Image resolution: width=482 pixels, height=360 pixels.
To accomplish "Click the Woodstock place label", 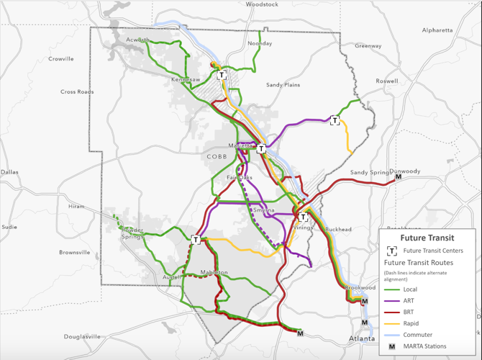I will [262, 4].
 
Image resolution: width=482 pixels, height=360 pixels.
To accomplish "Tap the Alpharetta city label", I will [437, 30].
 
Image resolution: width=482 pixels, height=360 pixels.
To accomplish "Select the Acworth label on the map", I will [138, 40].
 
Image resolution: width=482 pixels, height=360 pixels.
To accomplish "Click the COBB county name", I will [217, 156].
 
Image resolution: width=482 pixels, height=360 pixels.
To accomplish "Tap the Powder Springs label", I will [132, 234].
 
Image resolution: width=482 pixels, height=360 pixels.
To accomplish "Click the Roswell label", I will [386, 81].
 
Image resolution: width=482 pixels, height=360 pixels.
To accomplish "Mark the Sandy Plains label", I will [283, 85].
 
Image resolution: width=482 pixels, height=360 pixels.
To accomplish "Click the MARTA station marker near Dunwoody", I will [399, 176].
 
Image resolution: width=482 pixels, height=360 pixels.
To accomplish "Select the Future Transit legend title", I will [427, 238].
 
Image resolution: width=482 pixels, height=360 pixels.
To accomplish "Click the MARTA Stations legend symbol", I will [393, 346].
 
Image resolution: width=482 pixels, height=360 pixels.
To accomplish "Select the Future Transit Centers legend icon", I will [393, 251].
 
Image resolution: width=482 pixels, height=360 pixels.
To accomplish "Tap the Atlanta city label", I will [362, 338].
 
